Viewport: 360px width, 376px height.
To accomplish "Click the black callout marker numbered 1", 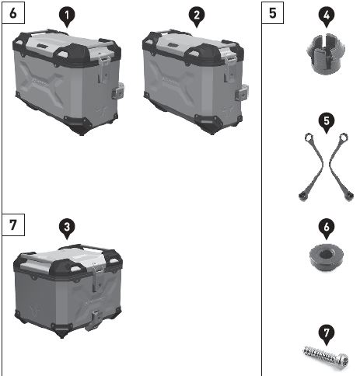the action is [x=67, y=16].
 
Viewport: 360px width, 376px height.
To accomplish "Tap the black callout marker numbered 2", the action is [x=197, y=16].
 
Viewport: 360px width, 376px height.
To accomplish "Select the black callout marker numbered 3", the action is [x=67, y=228].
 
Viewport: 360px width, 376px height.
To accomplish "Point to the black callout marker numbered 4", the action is [x=327, y=16].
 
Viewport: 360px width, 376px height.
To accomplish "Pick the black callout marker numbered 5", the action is [x=327, y=122].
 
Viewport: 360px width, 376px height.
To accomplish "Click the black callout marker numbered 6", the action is [x=327, y=228].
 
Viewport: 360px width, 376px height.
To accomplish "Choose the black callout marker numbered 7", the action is [x=327, y=334].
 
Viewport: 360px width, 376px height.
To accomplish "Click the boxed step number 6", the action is [x=13, y=12].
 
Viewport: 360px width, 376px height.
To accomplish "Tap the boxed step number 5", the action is [x=272, y=12].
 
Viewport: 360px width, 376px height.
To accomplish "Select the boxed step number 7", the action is [x=13, y=225].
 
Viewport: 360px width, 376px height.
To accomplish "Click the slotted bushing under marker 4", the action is [x=326, y=54].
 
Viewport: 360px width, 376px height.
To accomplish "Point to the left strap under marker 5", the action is [x=313, y=166].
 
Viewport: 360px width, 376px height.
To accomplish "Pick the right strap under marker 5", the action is [x=341, y=166].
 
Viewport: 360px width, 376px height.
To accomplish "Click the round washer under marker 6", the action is [x=327, y=257].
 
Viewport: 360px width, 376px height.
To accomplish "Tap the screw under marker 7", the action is [x=326, y=356].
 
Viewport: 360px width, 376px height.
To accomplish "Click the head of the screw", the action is [x=343, y=360].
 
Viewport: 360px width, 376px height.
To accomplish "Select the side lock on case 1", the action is [x=117, y=91].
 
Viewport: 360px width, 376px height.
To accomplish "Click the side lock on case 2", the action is [x=243, y=92].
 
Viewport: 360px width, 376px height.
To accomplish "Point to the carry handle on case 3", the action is [x=83, y=246].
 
